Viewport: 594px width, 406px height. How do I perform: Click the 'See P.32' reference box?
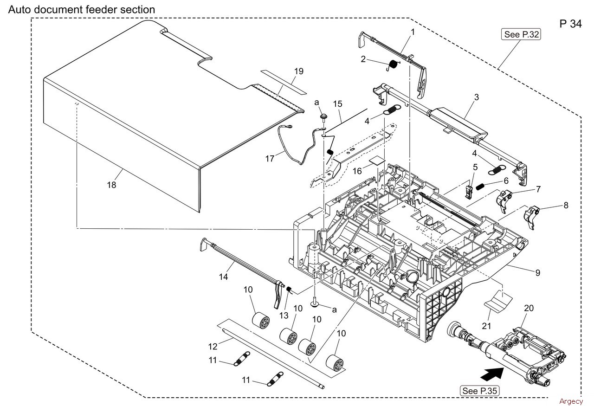point(521,34)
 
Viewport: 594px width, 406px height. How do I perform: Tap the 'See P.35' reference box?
point(479,391)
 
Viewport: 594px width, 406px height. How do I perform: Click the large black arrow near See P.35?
point(492,374)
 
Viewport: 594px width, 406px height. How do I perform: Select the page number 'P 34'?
point(571,24)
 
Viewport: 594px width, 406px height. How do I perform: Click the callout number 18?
point(112,185)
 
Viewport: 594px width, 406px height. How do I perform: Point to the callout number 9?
point(538,273)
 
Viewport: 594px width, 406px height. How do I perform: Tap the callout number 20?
point(529,308)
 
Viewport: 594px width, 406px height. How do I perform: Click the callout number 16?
point(357,171)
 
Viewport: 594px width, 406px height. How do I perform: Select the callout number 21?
point(486,326)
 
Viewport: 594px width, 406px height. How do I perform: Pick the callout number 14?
point(223,277)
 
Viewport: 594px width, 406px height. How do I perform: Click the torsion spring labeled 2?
point(393,66)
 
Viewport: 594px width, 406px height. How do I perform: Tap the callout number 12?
point(213,346)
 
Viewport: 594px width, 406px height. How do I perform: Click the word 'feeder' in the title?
point(101,10)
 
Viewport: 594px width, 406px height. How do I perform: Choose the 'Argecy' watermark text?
point(571,401)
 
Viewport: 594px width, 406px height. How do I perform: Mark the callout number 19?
point(299,71)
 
